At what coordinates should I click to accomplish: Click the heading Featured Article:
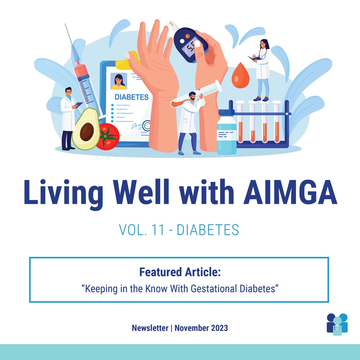click(180, 272)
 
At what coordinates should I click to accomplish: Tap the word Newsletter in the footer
click(150, 328)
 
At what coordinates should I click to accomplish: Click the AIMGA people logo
click(337, 324)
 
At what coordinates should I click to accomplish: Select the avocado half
click(85, 129)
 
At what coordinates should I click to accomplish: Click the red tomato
click(108, 136)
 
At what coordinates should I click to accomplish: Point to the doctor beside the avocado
click(68, 118)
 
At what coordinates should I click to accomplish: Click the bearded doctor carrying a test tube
click(189, 121)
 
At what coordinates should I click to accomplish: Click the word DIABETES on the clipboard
click(131, 97)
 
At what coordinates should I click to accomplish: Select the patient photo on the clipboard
click(118, 81)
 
